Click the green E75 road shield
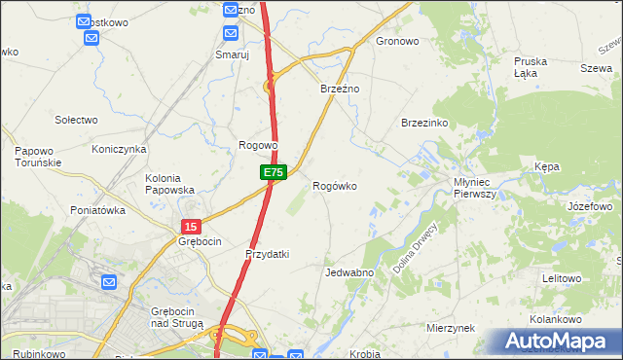273,172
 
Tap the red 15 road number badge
190,226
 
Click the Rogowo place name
259,145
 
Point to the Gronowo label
397,42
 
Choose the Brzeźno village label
341,89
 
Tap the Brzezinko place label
424,123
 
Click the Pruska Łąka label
531,67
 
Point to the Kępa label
547,167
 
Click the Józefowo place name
589,207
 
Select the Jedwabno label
349,273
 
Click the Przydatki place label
267,254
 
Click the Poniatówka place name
98,210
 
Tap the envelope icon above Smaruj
231,34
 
